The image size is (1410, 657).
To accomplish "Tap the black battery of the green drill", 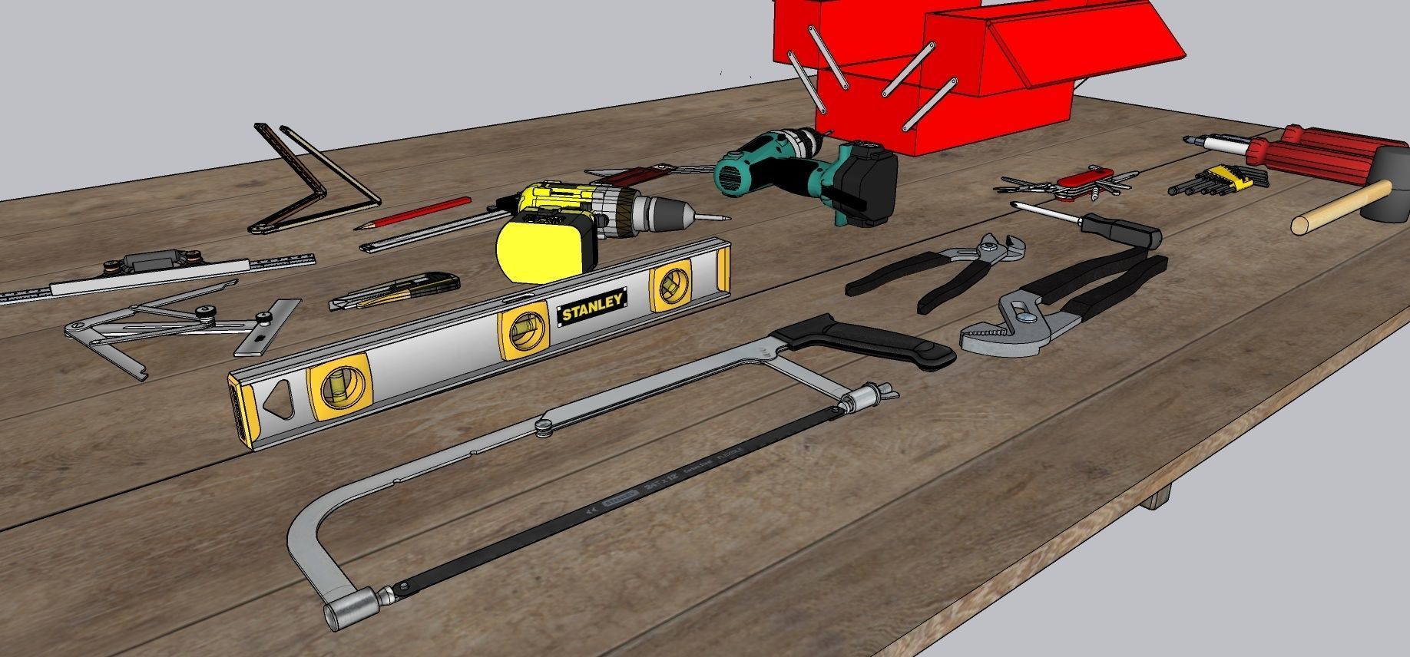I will [866, 184].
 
